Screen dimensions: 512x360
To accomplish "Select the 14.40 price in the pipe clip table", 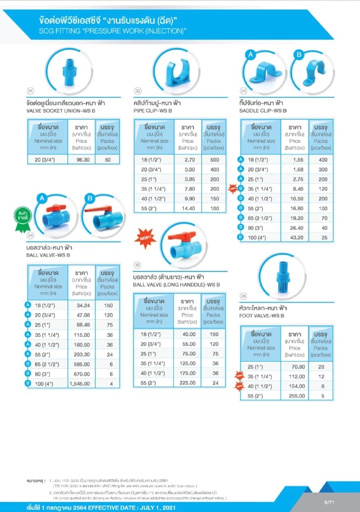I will pyautogui.click(x=188, y=209).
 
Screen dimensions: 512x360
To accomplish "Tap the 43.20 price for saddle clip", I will pyautogui.click(x=295, y=237).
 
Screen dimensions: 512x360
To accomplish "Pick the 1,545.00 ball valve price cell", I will pyautogui.click(x=81, y=384).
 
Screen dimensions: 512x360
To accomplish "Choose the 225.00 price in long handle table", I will pyautogui.click(x=188, y=383).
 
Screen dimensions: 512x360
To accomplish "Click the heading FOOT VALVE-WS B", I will pyautogui.click(x=261, y=316).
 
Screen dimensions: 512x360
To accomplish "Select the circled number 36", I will pyautogui.click(x=244, y=295).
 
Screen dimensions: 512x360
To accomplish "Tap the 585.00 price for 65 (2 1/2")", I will pyautogui.click(x=81, y=364).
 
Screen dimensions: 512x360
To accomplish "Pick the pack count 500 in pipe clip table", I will pyautogui.click(x=214, y=160).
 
